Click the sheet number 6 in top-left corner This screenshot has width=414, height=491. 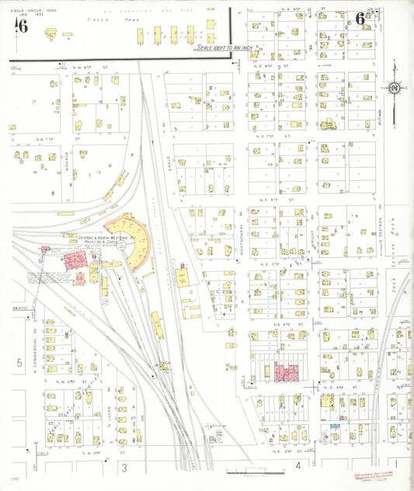[x=22, y=26]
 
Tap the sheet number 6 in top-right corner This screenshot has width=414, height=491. [x=360, y=19]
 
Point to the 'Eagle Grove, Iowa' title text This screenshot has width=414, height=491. [x=30, y=11]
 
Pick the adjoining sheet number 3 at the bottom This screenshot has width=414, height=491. [x=124, y=467]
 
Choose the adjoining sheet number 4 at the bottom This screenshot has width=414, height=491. [x=297, y=466]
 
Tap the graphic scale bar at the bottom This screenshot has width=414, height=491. [x=247, y=472]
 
